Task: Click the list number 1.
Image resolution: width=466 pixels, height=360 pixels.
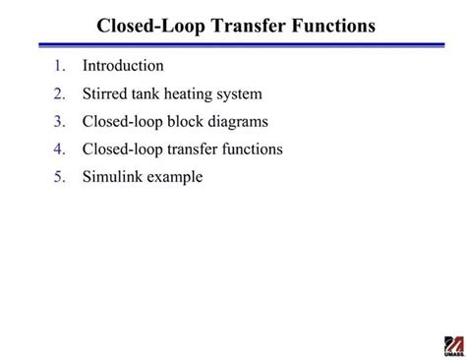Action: (x=59, y=67)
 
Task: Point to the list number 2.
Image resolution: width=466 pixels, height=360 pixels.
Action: (x=59, y=94)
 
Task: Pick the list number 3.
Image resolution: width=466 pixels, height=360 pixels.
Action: (x=59, y=122)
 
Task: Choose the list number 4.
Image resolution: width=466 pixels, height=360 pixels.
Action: (x=59, y=150)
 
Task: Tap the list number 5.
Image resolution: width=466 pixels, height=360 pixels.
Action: (x=59, y=177)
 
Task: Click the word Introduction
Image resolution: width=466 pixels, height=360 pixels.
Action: (x=123, y=66)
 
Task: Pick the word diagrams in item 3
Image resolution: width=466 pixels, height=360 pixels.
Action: (x=240, y=123)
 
